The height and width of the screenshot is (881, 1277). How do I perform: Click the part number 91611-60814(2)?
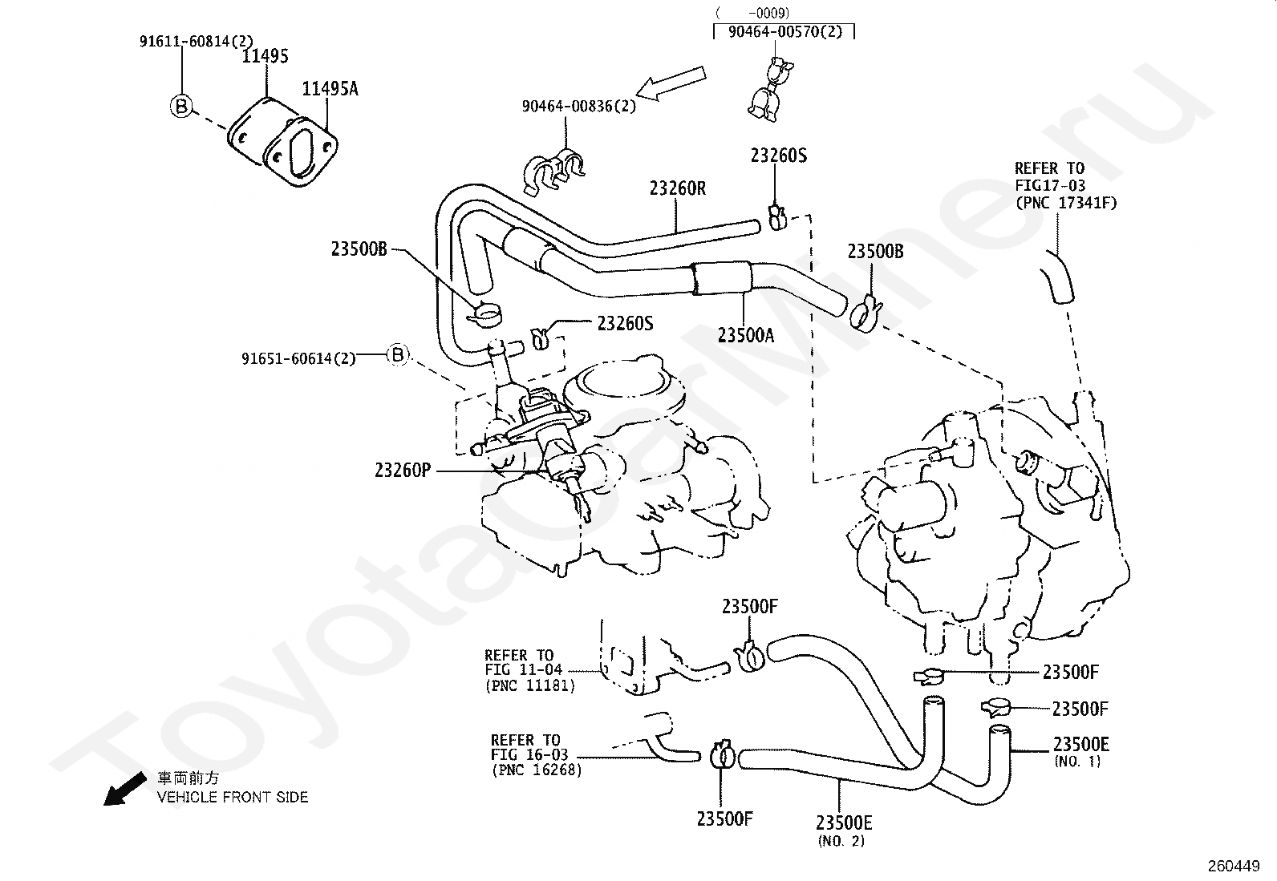pyautogui.click(x=197, y=41)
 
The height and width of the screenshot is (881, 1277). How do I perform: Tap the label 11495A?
pyautogui.click(x=330, y=89)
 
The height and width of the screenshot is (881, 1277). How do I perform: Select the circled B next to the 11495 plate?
pyautogui.click(x=181, y=107)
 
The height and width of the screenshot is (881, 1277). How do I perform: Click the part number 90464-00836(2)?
pyautogui.click(x=578, y=106)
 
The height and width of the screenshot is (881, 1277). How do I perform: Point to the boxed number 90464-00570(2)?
pyautogui.click(x=785, y=31)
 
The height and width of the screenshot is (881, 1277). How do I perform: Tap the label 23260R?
pyautogui.click(x=678, y=188)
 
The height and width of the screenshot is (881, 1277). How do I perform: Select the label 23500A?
pyautogui.click(x=746, y=335)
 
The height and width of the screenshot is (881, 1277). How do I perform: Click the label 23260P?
pyautogui.click(x=403, y=470)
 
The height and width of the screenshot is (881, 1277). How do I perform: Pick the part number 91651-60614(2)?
pyautogui.click(x=298, y=358)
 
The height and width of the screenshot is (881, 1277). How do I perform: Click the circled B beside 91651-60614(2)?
pyautogui.click(x=398, y=355)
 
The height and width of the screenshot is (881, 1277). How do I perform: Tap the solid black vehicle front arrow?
pyautogui.click(x=125, y=789)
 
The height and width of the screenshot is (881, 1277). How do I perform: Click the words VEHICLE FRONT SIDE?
pyautogui.click(x=233, y=797)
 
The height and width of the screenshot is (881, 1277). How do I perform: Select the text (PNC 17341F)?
pyautogui.click(x=1066, y=203)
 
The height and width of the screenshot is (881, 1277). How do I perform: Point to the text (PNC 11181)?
pyautogui.click(x=530, y=685)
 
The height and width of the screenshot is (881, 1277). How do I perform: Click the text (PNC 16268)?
pyautogui.click(x=537, y=770)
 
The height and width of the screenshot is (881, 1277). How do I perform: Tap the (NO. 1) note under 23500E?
pyautogui.click(x=1077, y=762)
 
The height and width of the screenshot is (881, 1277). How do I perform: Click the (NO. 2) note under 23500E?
pyautogui.click(x=841, y=841)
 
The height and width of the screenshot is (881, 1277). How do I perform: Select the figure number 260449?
pyautogui.click(x=1234, y=867)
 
